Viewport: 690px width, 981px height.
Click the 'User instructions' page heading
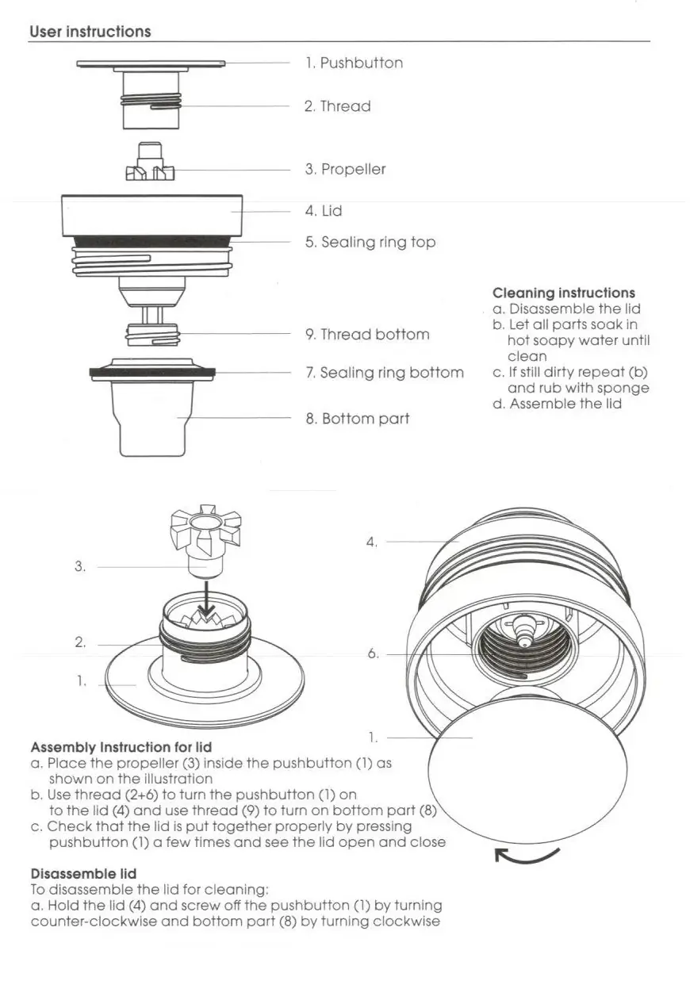[x=90, y=32]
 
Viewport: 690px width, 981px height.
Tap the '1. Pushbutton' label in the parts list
[x=354, y=63]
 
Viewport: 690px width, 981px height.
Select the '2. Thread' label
[x=337, y=106]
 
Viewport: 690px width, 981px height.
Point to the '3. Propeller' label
[x=345, y=169]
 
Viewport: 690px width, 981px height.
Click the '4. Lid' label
[x=324, y=211]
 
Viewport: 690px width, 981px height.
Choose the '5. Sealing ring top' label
[x=370, y=242]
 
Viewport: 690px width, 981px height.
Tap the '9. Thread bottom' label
[x=367, y=334]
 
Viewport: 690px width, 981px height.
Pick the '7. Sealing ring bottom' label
[x=384, y=373]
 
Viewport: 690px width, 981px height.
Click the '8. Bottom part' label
[x=358, y=419]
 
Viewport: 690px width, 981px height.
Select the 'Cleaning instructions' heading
[x=563, y=293]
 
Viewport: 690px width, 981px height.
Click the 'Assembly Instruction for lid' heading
[x=121, y=747]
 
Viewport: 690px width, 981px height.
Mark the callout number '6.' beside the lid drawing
[x=373, y=653]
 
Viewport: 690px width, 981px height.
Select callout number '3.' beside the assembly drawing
[x=80, y=566]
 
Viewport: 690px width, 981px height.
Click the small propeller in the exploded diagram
[x=150, y=161]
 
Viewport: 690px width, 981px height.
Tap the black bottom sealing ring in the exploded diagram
[x=152, y=372]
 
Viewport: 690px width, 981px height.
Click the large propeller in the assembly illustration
[x=206, y=542]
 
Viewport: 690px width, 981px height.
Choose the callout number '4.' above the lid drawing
[x=371, y=542]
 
